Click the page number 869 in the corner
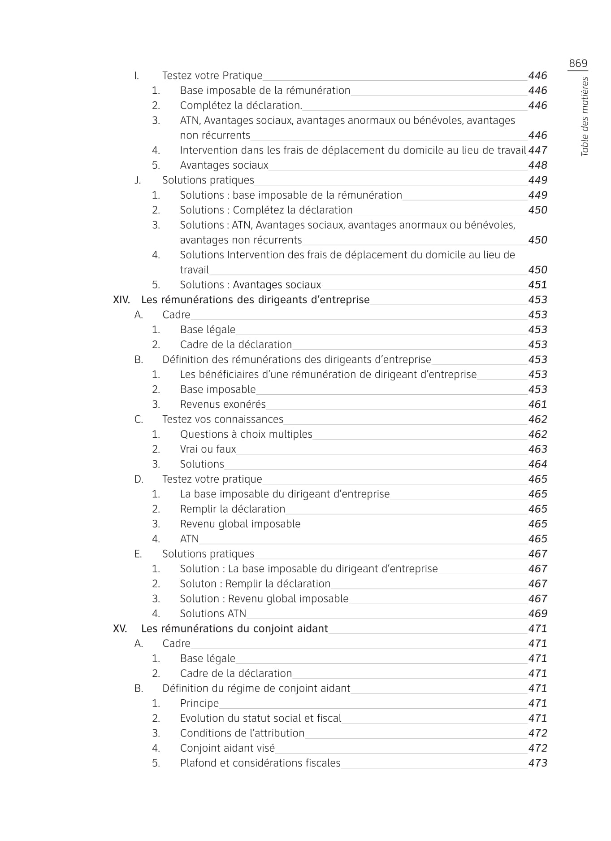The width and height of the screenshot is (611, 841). click(x=577, y=64)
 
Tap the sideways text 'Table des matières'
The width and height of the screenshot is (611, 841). click(x=585, y=117)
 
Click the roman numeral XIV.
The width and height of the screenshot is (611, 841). click(x=121, y=300)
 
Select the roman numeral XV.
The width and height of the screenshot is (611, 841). click(x=120, y=628)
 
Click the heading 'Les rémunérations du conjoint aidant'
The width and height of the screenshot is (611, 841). click(x=234, y=628)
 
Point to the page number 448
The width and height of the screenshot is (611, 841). click(x=537, y=165)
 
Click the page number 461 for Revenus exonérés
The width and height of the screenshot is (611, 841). click(x=537, y=404)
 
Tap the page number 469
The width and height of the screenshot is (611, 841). click(x=537, y=613)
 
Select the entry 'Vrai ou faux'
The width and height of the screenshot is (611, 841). click(x=208, y=449)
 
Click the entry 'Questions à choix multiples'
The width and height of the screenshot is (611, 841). click(x=246, y=434)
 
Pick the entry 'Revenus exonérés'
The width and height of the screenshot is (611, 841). click(x=223, y=404)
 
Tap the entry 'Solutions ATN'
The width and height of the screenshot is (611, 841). click(x=213, y=613)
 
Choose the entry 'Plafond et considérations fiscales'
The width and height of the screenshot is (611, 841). click(x=260, y=763)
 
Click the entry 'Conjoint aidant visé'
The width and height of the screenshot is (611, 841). click(x=227, y=748)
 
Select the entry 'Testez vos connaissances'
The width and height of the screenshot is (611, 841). click(x=223, y=419)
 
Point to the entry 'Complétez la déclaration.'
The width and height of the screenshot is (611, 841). click(x=241, y=105)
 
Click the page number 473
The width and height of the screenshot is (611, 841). click(x=537, y=763)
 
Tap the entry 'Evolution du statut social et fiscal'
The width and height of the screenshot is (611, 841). click(x=260, y=718)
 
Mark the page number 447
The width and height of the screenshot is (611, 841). click(x=537, y=150)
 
